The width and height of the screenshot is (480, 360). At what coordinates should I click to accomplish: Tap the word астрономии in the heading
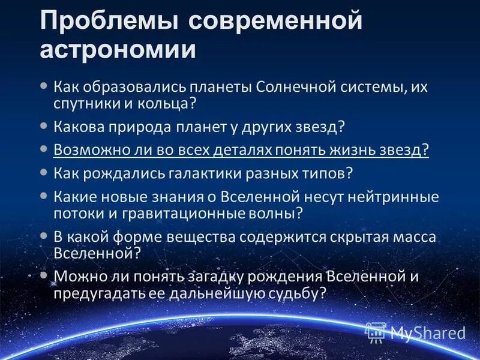[118, 49]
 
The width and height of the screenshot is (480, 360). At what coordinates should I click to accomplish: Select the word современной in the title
[275, 22]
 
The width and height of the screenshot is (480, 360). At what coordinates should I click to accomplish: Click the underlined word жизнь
[320, 150]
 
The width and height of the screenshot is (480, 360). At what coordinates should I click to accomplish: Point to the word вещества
[206, 236]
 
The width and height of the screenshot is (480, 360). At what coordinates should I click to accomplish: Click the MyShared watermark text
[428, 332]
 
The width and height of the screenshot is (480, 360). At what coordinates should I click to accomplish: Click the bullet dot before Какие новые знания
[43, 196]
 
